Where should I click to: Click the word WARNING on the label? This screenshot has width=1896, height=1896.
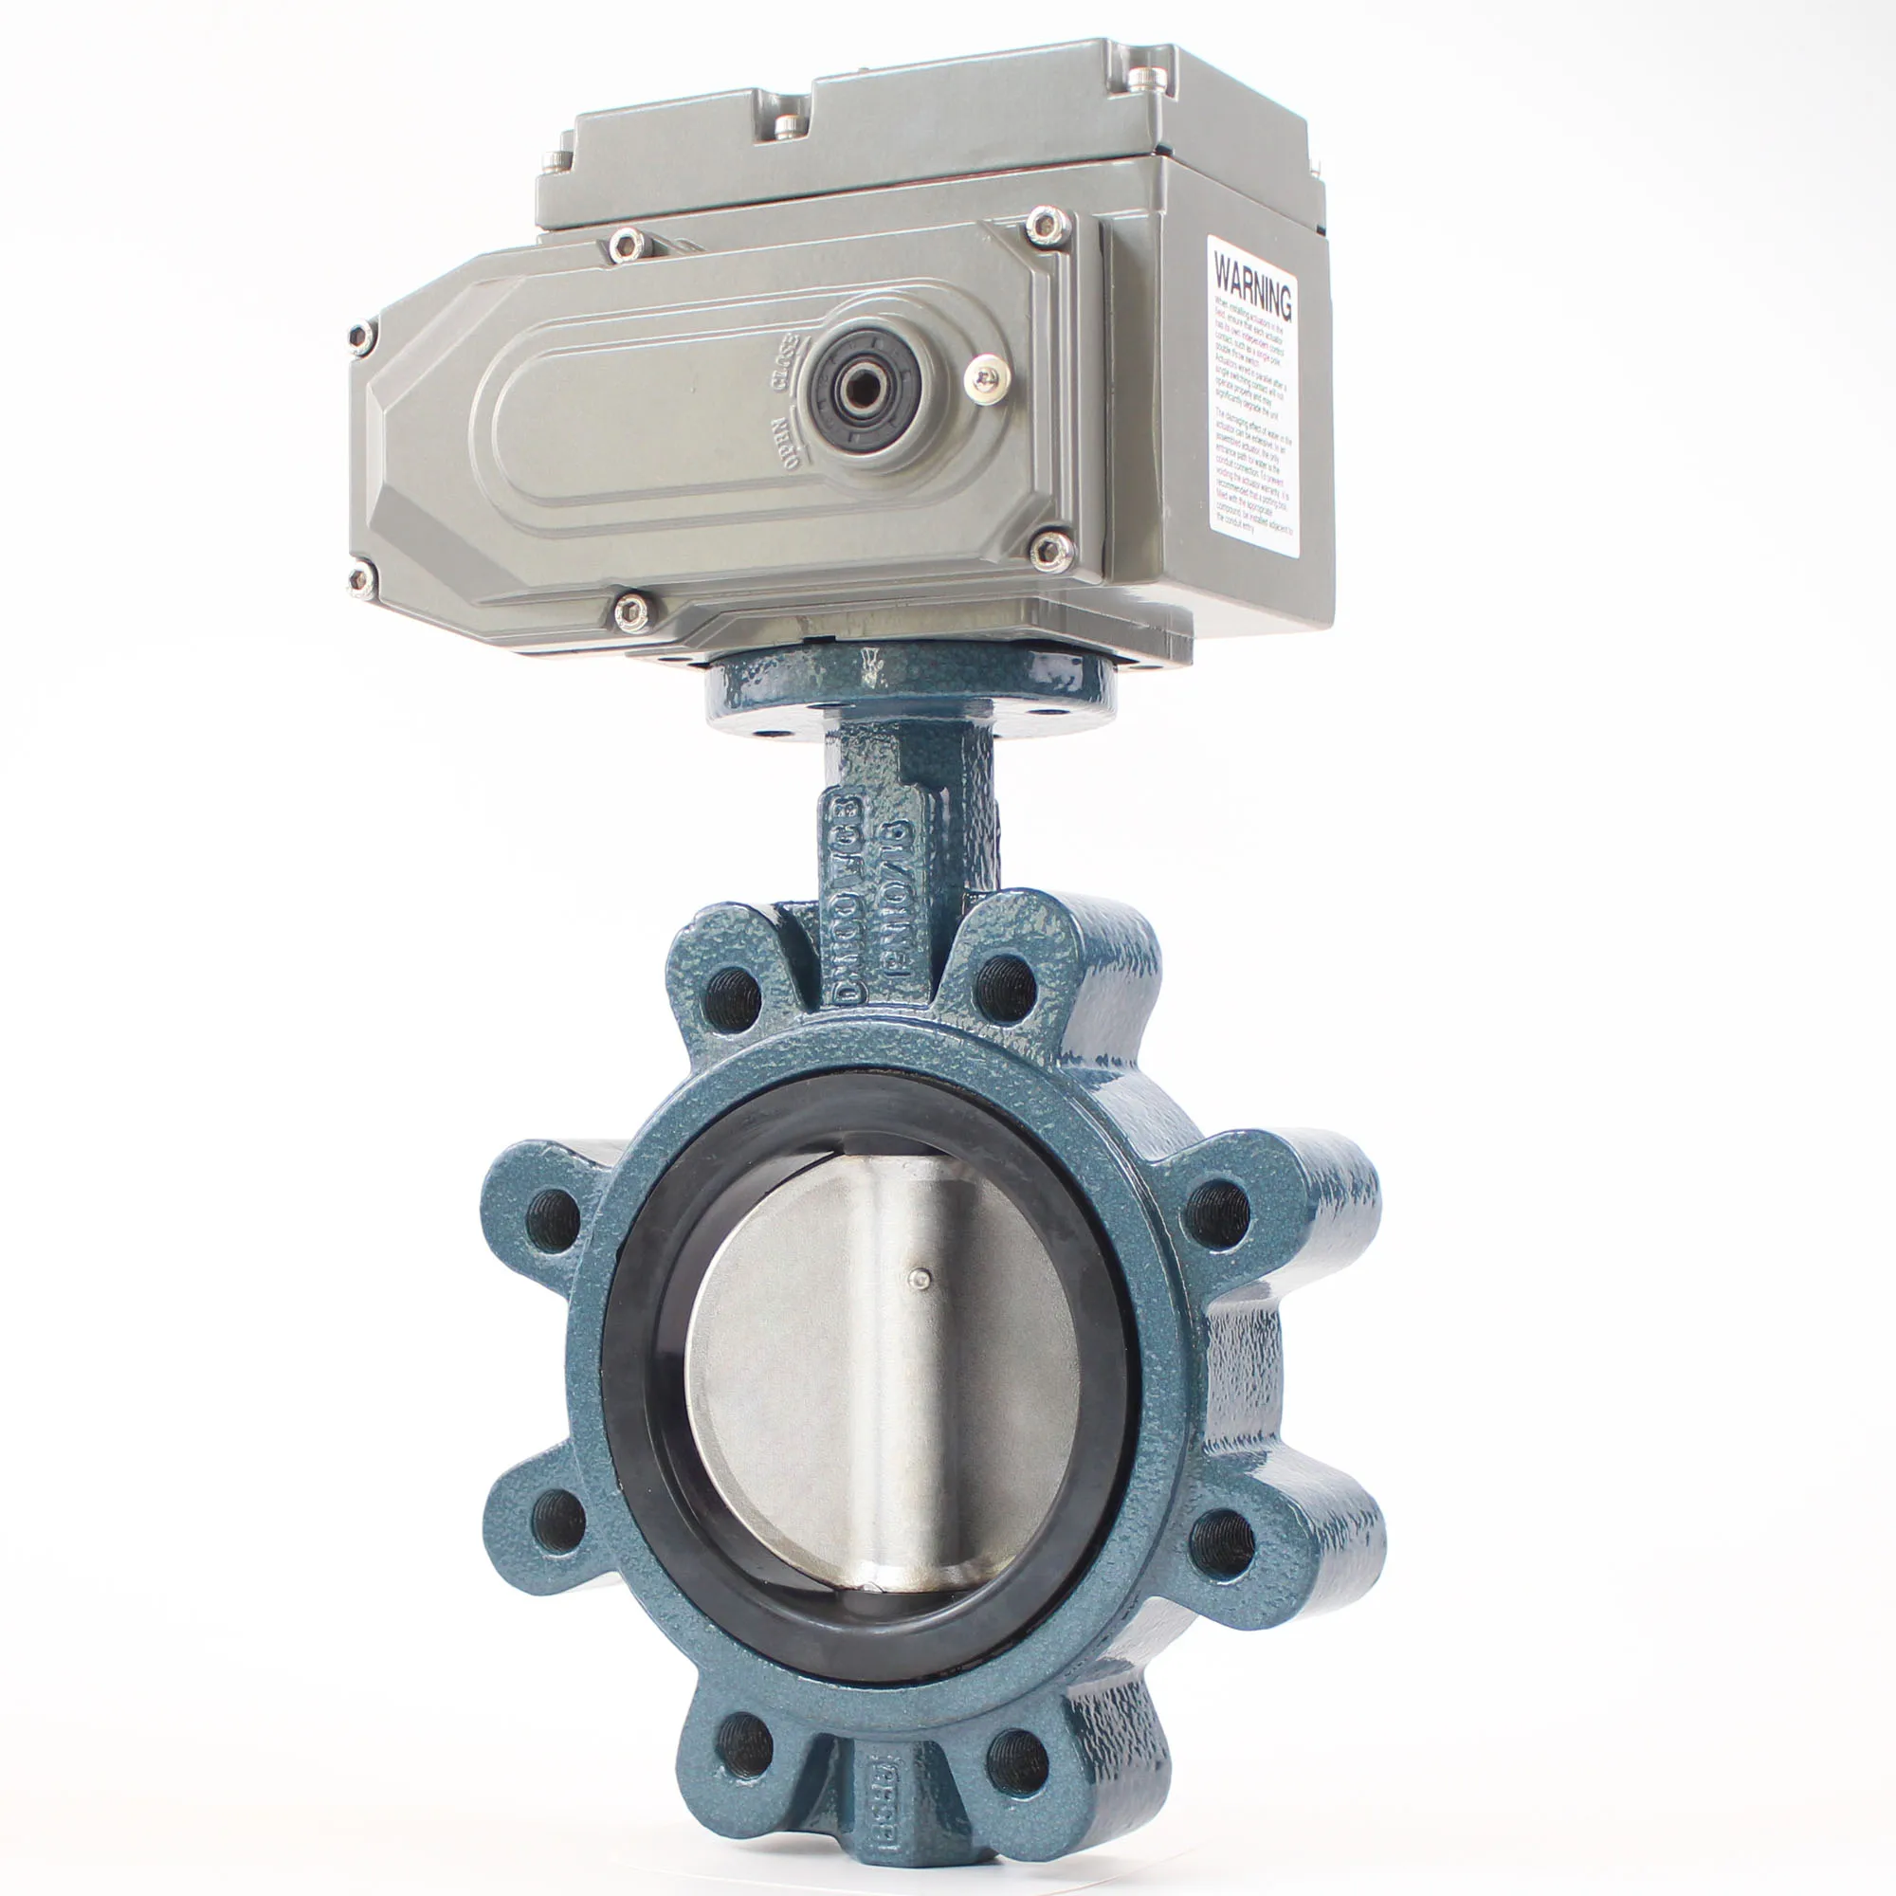1252,285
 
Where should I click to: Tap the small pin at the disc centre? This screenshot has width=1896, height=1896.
919,1276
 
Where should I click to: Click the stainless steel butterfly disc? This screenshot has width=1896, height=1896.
884,1374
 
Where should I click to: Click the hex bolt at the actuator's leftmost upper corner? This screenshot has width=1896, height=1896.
361,337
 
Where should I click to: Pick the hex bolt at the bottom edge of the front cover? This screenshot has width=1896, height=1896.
629,611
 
